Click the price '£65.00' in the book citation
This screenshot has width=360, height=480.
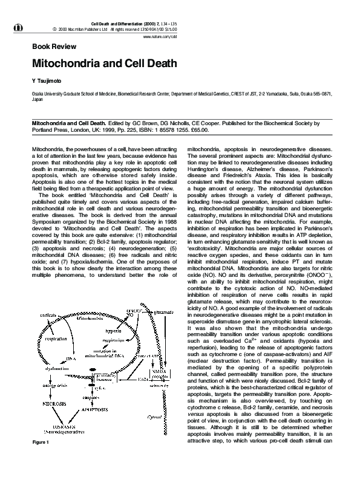click(200, 129)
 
